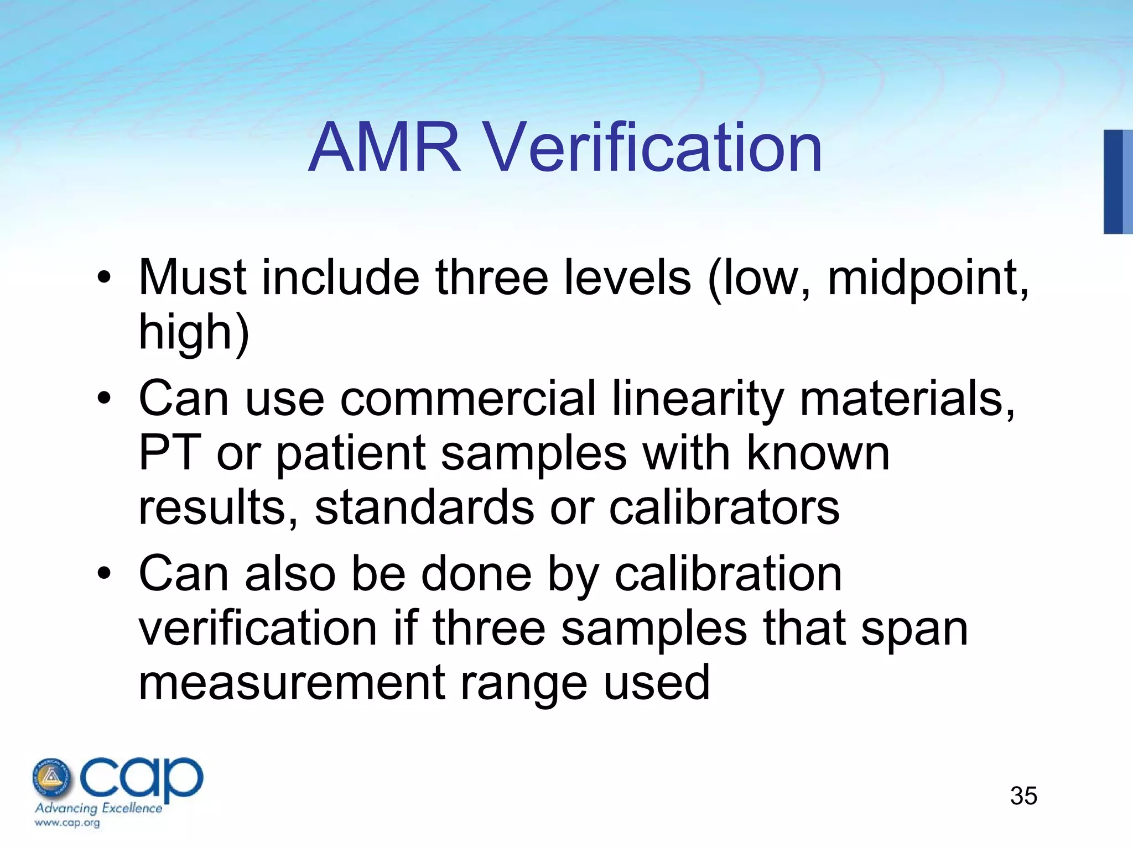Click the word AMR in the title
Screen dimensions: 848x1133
tap(384, 148)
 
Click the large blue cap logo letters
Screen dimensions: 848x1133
tap(142, 777)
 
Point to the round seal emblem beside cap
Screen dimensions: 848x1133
tap(52, 777)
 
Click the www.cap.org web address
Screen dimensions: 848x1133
tap(67, 822)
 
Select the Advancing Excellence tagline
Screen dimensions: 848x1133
tap(98, 808)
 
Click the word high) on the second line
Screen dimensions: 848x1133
tap(194, 332)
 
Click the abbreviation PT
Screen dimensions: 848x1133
tap(169, 453)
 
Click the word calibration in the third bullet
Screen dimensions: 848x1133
tap(728, 573)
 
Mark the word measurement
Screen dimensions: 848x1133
tap(292, 682)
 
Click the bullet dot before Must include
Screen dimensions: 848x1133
tap(103, 278)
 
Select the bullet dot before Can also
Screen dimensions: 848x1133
tap(103, 573)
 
